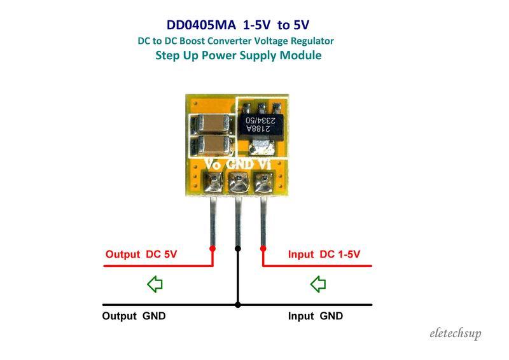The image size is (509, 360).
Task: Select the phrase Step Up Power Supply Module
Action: pos(238,55)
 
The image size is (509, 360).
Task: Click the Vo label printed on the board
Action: pos(212,164)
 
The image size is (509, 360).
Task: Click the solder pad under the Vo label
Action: pos(213,185)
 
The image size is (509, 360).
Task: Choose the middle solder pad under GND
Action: pos(238,185)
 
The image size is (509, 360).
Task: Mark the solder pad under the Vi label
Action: pos(263,185)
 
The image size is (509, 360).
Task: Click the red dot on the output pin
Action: pos(212,247)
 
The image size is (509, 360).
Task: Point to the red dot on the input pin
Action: pos(263,247)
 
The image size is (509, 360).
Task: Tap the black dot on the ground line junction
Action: pos(238,305)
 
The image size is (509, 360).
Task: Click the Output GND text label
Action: pos(134,316)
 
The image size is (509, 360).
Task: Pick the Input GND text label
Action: pos(316,316)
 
